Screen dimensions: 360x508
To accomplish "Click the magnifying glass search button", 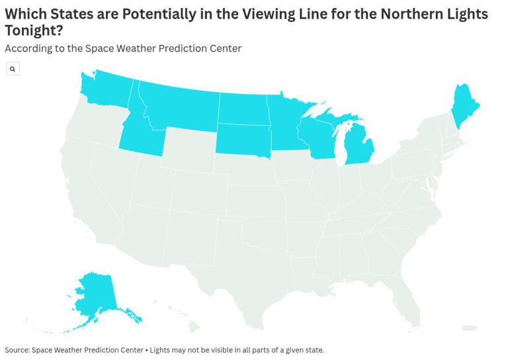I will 13,69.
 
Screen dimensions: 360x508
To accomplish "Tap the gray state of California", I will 93,199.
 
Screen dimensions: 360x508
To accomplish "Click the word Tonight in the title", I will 33,30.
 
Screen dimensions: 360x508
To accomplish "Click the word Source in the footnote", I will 17,350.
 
